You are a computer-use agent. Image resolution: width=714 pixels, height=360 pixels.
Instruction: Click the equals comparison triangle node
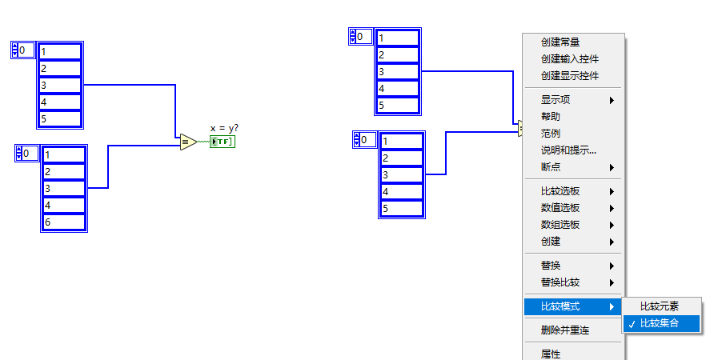tap(187, 142)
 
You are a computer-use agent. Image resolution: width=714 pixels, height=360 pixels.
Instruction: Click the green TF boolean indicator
tap(222, 142)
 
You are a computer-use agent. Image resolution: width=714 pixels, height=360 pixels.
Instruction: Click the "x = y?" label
tap(224, 128)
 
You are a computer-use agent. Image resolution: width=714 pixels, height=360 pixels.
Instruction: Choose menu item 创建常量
tap(560, 42)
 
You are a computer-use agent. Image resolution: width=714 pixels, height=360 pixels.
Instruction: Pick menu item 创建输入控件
tap(570, 59)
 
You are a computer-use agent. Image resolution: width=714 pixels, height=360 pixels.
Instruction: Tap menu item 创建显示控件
tap(570, 76)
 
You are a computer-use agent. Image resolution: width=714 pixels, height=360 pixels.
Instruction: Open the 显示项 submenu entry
tap(556, 100)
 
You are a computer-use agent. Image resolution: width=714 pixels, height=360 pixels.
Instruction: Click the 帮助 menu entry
tap(551, 117)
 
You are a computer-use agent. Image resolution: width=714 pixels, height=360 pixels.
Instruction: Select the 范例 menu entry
tap(551, 134)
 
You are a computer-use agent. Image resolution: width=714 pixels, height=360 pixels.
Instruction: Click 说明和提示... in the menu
tap(568, 150)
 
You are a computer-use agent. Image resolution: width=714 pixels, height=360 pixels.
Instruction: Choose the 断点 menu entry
tap(551, 167)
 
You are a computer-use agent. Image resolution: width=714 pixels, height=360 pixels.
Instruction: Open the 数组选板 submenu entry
tap(560, 225)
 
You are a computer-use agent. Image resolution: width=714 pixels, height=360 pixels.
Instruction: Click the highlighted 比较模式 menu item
tap(560, 306)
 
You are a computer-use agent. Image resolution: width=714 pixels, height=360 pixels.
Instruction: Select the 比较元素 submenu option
tap(660, 306)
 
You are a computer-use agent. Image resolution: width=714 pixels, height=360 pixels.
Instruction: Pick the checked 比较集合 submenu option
tap(660, 323)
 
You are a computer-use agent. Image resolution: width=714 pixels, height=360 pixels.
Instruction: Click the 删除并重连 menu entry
tap(565, 330)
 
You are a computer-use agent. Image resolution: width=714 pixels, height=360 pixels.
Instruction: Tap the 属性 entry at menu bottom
tap(551, 354)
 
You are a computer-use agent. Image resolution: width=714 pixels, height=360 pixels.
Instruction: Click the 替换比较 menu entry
tap(560, 282)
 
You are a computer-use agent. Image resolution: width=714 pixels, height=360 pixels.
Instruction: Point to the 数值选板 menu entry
tap(560, 208)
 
